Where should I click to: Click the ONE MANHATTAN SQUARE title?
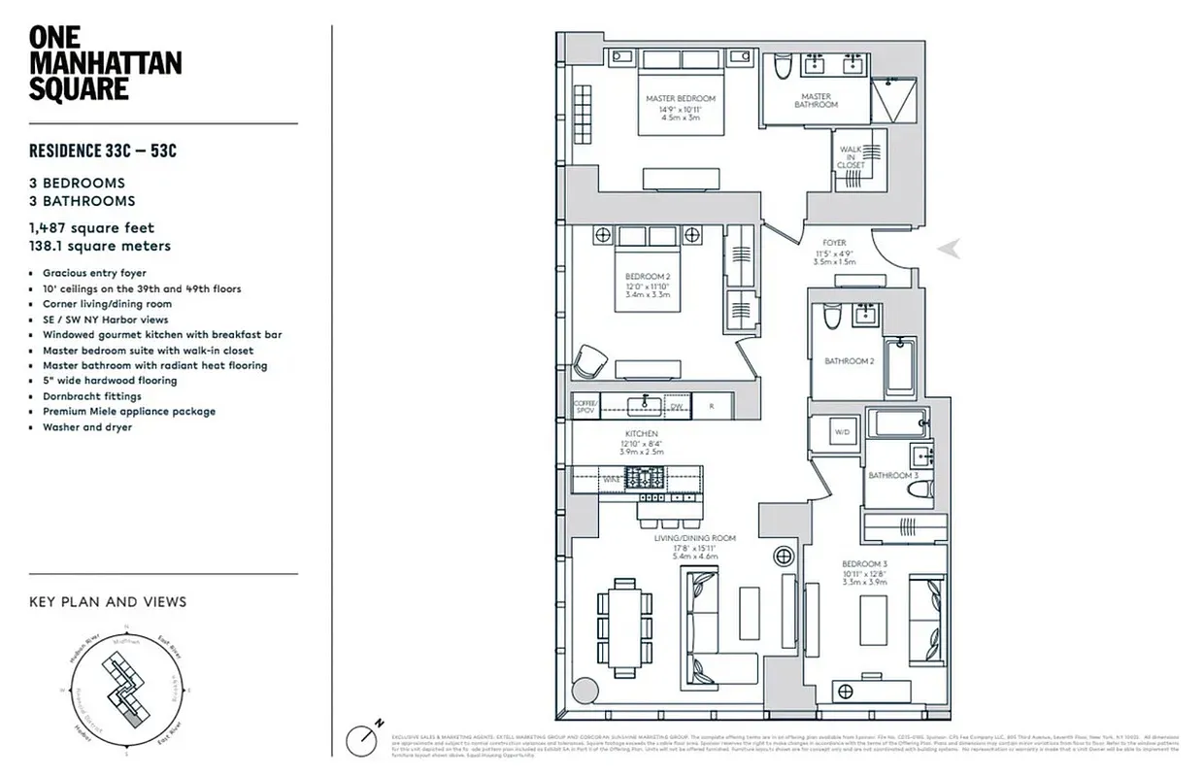tap(105, 63)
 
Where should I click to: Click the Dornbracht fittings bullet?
tap(91, 396)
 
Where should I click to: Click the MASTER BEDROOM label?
tap(681, 99)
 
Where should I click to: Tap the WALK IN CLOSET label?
tap(851, 156)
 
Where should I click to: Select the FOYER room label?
tap(834, 243)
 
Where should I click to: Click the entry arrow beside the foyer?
tap(950, 250)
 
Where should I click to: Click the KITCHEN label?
tap(642, 433)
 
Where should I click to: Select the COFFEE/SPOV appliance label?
tap(585, 406)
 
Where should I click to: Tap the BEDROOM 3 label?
tap(864, 564)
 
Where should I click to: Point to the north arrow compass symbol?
tap(367, 735)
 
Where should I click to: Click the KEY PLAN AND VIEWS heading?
tap(108, 602)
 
